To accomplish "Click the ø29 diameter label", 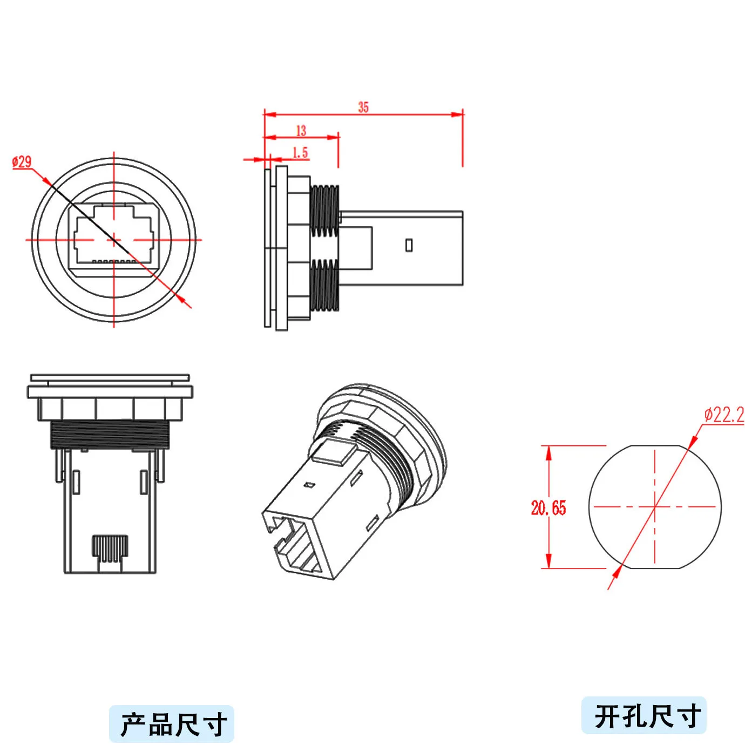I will tap(22, 161).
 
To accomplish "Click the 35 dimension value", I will tap(363, 107).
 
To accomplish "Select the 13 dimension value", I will tap(301, 130).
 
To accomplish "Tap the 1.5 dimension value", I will tap(300, 153).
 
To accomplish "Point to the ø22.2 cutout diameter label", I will tap(724, 415).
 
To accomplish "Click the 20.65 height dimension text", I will tap(548, 508).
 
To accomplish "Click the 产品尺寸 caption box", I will tap(172, 723).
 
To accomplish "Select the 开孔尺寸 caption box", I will tap(644, 715).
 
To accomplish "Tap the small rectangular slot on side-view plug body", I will tap(409, 245).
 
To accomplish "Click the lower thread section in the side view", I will tap(325, 285).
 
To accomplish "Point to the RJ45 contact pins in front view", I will tap(113, 261).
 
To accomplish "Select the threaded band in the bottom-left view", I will tap(110, 435).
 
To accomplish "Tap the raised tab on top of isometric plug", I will tap(333, 451).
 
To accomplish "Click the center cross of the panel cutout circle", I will tap(655, 506).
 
